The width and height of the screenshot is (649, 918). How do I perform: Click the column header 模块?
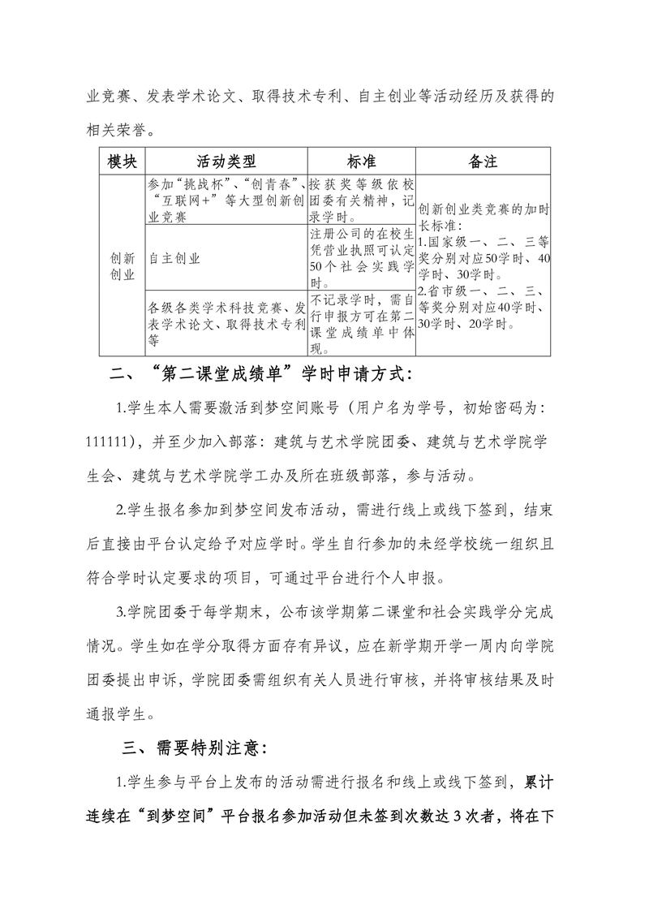[122, 161]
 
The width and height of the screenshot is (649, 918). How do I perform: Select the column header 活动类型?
[226, 161]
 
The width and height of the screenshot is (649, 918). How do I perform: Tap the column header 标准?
[361, 161]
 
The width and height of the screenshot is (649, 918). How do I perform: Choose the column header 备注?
[483, 161]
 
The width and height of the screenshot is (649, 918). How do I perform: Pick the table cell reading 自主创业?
[175, 258]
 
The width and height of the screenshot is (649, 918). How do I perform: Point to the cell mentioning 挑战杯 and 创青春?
[226, 200]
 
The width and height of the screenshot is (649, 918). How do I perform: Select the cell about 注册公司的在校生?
[361, 258]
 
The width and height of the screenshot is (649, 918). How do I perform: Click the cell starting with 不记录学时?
[361, 324]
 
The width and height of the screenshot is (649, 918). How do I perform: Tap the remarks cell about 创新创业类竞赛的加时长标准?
[483, 266]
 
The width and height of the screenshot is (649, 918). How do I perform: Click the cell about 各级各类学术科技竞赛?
[226, 324]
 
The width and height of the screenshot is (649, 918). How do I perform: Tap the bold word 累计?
[537, 782]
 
